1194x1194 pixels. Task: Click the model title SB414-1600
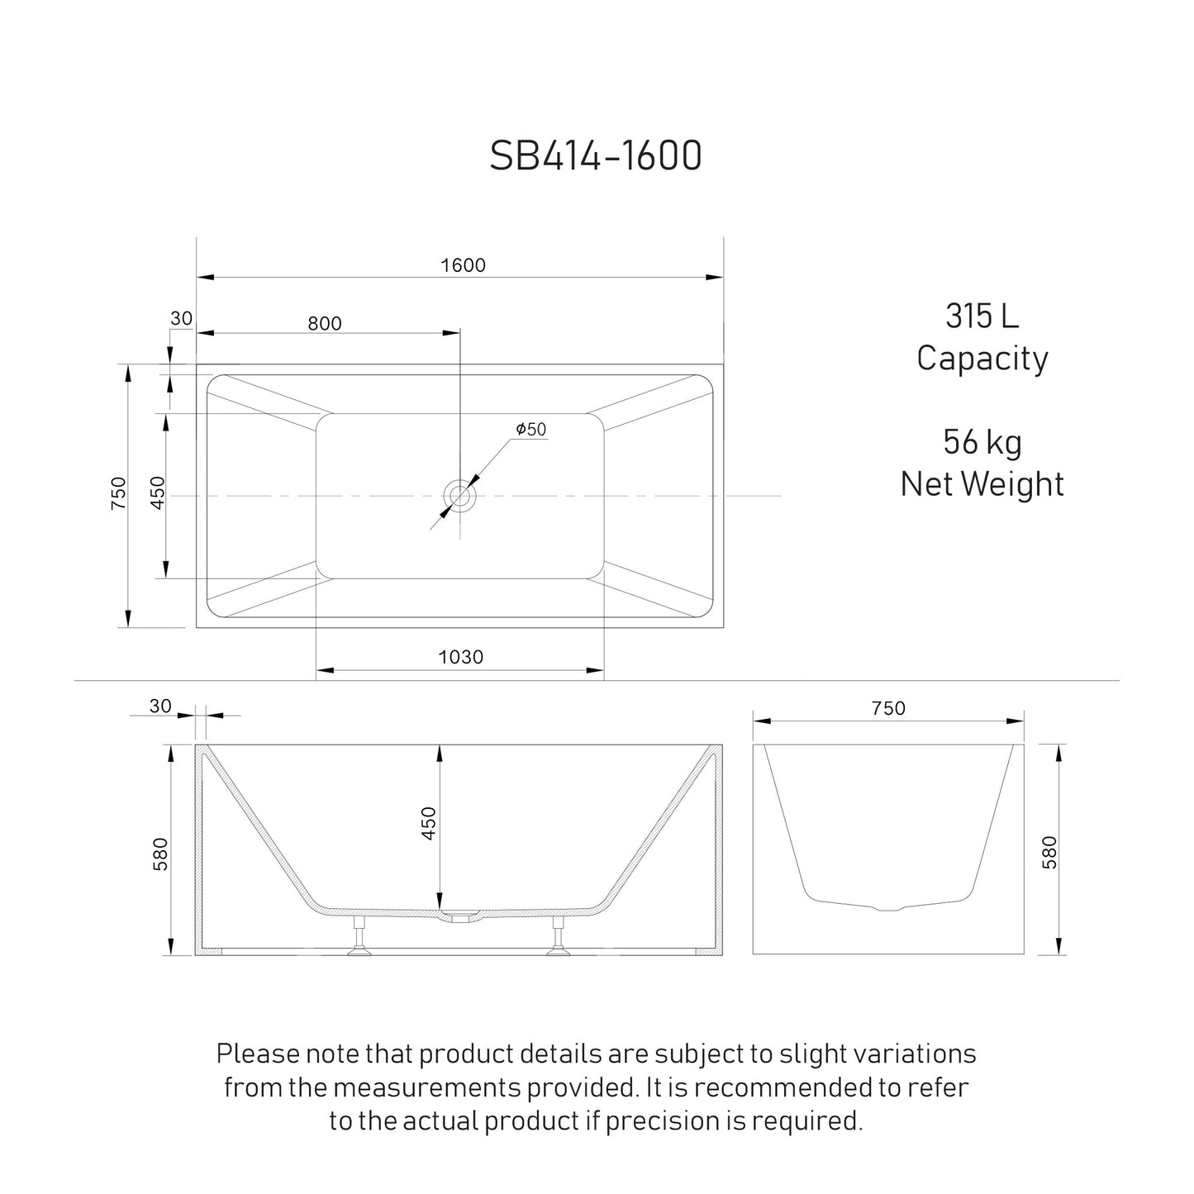pyautogui.click(x=596, y=155)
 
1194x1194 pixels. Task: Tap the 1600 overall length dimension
pyautogui.click(x=463, y=265)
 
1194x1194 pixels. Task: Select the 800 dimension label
pyautogui.click(x=325, y=323)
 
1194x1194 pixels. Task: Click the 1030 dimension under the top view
pyautogui.click(x=460, y=657)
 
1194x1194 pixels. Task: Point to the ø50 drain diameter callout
pyautogui.click(x=530, y=430)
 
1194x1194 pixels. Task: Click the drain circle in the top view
pyautogui.click(x=459, y=496)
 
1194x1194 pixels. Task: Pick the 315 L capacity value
pyautogui.click(x=982, y=316)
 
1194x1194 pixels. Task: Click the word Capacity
pyautogui.click(x=982, y=359)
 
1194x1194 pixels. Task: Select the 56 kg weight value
pyautogui.click(x=982, y=442)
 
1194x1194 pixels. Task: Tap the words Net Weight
pyautogui.click(x=982, y=484)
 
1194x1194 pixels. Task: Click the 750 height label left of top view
pyautogui.click(x=119, y=492)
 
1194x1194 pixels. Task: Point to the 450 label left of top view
pyautogui.click(x=158, y=492)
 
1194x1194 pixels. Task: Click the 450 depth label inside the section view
pyautogui.click(x=429, y=823)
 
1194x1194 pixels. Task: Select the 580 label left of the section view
pyautogui.click(x=160, y=854)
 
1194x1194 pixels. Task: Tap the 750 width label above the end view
pyautogui.click(x=888, y=708)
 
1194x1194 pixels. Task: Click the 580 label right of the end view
pyautogui.click(x=1049, y=852)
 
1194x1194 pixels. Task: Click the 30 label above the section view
pyautogui.click(x=160, y=706)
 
